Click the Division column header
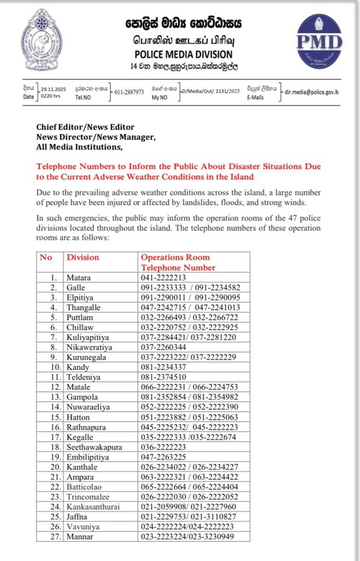click(x=83, y=257)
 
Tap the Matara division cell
click(x=79, y=277)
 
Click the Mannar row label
click(x=80, y=536)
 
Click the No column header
click(x=46, y=257)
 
